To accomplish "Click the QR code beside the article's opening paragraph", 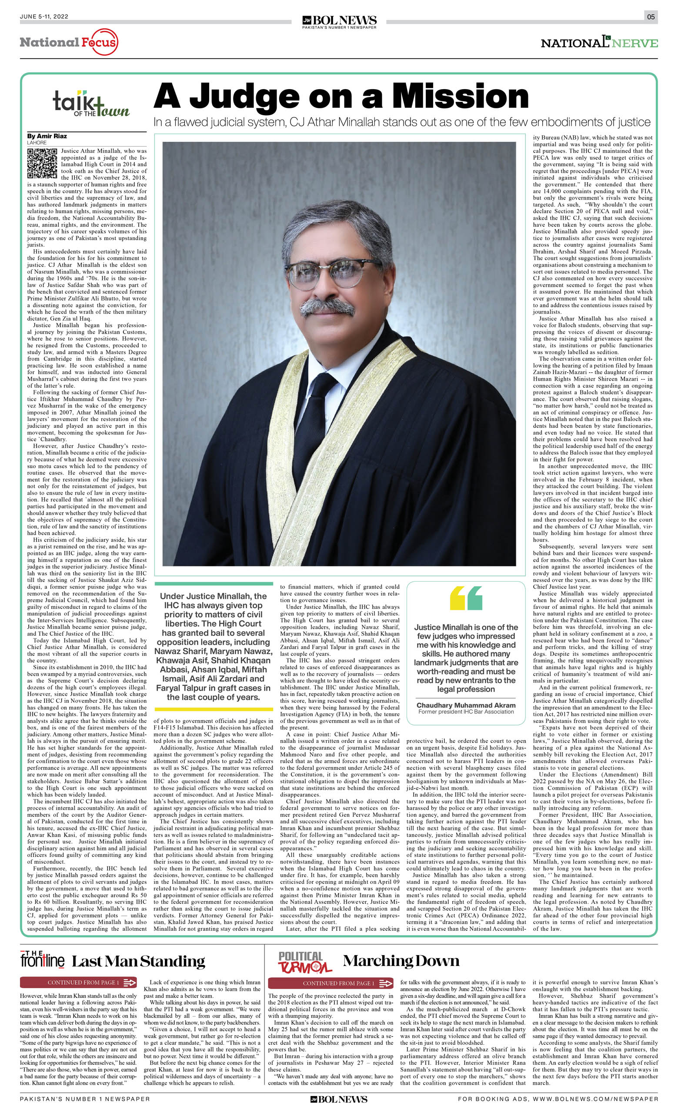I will coord(42,163).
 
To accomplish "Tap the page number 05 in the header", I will coord(651,17).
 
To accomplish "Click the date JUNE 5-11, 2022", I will coord(44,17).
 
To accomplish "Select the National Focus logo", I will coord(69,43).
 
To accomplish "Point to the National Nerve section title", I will coord(599,43).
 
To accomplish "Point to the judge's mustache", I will coord(327,307).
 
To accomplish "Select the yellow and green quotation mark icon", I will coord(466,598).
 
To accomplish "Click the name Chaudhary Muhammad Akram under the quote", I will coord(466,705).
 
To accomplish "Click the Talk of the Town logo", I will coord(90,104).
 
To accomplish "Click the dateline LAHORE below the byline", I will coord(37,143).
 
